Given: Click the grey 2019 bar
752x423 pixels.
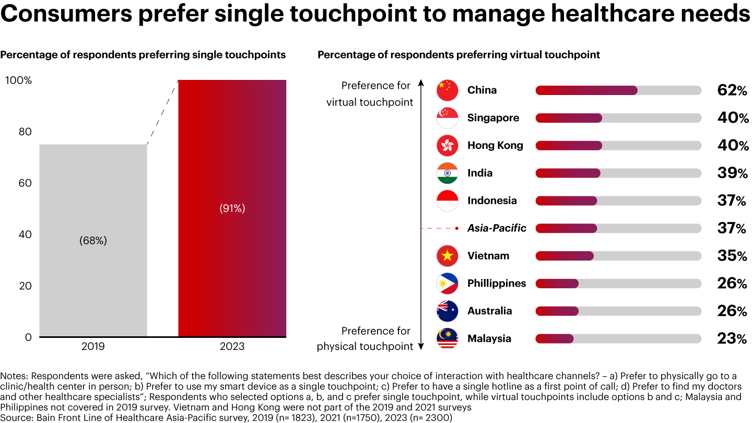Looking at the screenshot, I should tap(93, 240).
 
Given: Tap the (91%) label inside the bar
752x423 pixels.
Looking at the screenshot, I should tap(232, 208).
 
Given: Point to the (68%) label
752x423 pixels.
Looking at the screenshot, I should tap(93, 241).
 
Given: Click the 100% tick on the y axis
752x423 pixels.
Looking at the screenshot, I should tap(19, 80).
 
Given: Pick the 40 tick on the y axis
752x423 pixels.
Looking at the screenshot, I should tap(25, 234).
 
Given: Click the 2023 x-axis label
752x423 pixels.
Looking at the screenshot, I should tap(232, 347).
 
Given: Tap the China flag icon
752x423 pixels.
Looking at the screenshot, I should tap(447, 90).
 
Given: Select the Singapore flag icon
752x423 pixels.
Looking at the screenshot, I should tap(447, 118).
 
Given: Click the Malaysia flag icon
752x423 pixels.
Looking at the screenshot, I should tap(447, 339).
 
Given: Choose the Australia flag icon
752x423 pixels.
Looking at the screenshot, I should tap(447, 311).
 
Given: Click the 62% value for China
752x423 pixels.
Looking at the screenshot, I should tap(732, 90).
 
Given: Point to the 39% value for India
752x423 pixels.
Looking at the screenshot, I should tap(732, 173).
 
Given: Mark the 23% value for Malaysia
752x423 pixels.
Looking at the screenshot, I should tap(732, 339).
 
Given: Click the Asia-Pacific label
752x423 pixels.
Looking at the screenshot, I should tap(497, 228).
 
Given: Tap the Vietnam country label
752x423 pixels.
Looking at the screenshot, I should tap(488, 256).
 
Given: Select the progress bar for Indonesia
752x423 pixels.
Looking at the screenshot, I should tap(618, 201).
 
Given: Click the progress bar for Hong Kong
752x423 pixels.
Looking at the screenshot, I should tap(618, 146).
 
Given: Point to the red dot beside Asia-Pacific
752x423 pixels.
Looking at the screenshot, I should tap(456, 228).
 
